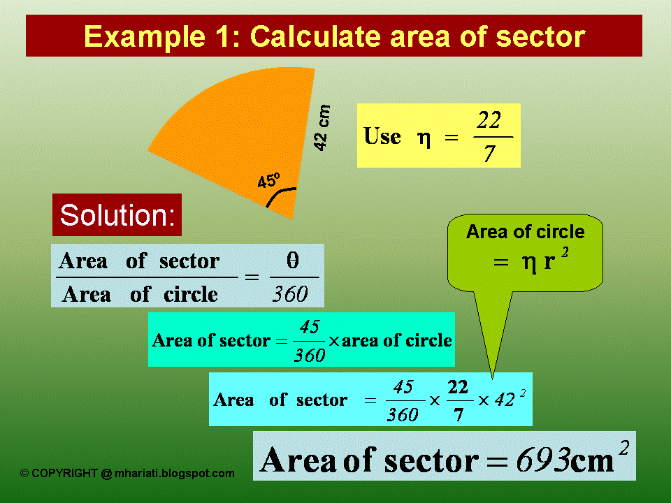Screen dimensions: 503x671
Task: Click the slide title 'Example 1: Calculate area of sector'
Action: (x=334, y=36)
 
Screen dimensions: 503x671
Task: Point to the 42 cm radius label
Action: (x=322, y=128)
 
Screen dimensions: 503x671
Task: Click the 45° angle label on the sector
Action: (x=268, y=180)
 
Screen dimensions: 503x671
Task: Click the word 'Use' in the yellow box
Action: (x=382, y=136)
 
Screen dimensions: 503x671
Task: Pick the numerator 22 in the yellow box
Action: (x=489, y=121)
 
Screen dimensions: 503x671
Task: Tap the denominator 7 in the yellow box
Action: (x=489, y=153)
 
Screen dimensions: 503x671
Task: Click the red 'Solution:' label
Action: (x=117, y=215)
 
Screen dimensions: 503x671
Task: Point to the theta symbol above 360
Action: (x=293, y=261)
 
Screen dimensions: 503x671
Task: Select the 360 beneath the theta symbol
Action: (x=290, y=294)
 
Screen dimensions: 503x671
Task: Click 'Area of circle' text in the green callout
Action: (x=525, y=231)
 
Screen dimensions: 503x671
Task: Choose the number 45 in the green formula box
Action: (x=309, y=326)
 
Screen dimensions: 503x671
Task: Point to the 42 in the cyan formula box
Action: (x=505, y=400)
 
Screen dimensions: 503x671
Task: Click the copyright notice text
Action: (x=127, y=474)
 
